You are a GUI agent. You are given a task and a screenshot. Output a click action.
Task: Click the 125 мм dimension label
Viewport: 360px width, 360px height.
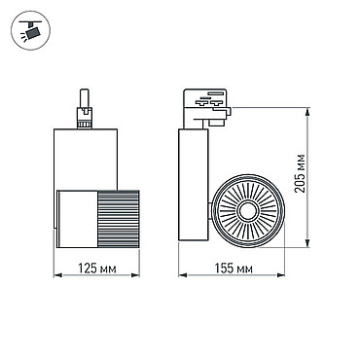(x=97, y=269)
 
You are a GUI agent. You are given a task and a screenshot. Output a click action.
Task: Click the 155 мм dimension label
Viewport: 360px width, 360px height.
(x=234, y=269)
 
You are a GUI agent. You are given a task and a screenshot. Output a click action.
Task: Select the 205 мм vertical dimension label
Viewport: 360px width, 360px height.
(x=301, y=173)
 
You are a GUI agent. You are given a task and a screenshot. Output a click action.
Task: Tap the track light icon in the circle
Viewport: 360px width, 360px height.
(x=30, y=30)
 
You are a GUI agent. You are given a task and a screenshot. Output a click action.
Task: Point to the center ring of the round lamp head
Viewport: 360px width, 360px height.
(x=248, y=211)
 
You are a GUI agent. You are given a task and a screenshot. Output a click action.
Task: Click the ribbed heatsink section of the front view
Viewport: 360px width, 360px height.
(x=119, y=219)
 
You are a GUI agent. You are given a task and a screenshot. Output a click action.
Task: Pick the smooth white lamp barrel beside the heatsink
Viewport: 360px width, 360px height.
(x=78, y=219)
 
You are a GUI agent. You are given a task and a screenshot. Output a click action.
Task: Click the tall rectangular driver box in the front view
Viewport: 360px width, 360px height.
(x=86, y=159)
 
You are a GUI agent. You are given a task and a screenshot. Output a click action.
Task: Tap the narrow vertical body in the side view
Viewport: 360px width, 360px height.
(x=194, y=185)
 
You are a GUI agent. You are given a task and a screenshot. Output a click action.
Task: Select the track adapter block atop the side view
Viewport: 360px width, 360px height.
(x=205, y=107)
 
